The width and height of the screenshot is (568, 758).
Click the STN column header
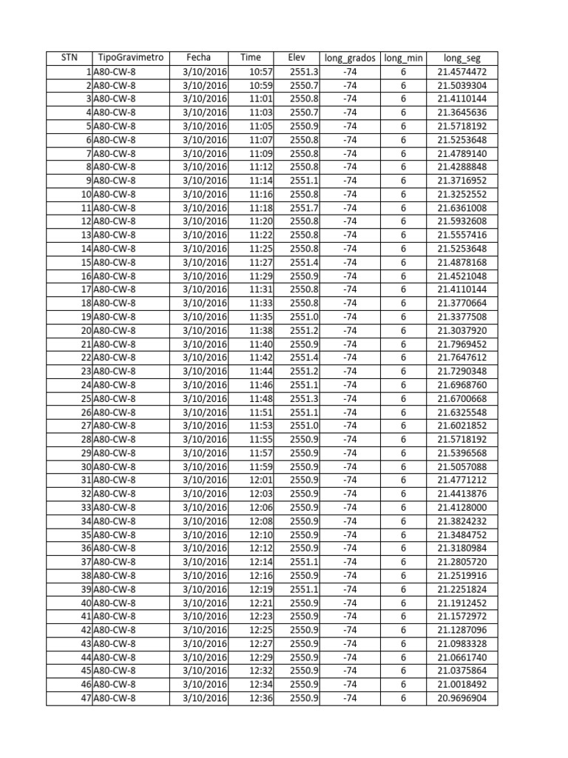[69, 58]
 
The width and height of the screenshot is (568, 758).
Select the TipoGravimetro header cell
[130, 58]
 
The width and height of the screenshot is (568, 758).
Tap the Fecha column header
[198, 58]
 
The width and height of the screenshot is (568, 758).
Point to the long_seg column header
[462, 58]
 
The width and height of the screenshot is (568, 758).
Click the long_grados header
[350, 58]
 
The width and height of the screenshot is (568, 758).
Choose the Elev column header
[296, 58]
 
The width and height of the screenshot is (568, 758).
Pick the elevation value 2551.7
[304, 208]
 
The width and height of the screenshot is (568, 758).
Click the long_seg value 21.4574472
[462, 72]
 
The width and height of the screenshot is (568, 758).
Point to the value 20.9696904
[462, 698]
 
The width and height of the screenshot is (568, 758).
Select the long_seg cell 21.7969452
[462, 344]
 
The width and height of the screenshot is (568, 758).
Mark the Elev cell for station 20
[304, 331]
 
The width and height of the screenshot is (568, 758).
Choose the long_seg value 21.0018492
[462, 685]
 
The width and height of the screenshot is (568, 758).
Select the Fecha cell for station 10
[204, 195]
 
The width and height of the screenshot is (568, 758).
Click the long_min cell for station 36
[403, 549]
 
